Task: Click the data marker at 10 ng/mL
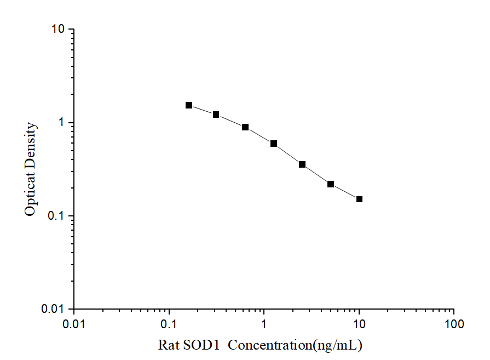(x=359, y=199)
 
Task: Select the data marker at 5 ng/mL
(x=331, y=184)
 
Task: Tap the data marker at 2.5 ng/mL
(x=302, y=164)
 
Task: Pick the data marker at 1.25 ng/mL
(x=274, y=144)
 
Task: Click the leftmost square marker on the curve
(x=189, y=105)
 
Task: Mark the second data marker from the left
(x=216, y=115)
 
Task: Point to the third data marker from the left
(x=245, y=127)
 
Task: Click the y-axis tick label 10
(x=59, y=30)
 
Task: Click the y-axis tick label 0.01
(x=55, y=309)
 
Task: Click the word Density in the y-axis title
(x=31, y=144)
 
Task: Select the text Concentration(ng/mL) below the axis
(x=296, y=345)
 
